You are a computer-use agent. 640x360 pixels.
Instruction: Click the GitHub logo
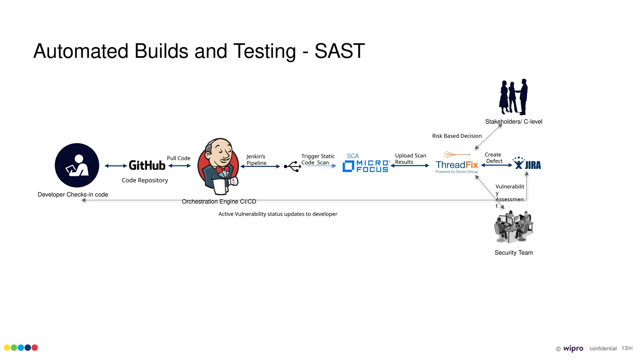click(x=147, y=165)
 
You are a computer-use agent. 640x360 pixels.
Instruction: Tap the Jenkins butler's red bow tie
click(x=222, y=170)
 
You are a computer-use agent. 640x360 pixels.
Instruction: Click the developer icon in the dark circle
click(x=77, y=165)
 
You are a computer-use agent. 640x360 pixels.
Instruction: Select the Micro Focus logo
click(x=366, y=166)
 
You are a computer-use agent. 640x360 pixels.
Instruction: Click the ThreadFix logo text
click(x=457, y=165)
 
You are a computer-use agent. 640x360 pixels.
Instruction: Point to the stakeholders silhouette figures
click(x=513, y=97)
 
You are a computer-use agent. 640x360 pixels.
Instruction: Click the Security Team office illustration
click(x=513, y=227)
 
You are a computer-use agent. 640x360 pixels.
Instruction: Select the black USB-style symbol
click(x=292, y=166)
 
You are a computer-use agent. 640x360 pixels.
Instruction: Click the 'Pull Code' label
click(x=178, y=158)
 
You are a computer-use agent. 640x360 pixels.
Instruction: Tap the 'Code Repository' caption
click(x=145, y=180)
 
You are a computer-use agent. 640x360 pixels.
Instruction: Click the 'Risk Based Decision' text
click(x=457, y=136)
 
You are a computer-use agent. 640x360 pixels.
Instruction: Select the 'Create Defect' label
click(x=493, y=158)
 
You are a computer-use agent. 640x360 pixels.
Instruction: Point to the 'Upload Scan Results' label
click(x=410, y=159)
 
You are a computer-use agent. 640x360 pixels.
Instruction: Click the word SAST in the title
click(x=340, y=51)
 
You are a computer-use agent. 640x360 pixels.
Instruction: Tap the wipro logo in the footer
click(x=573, y=348)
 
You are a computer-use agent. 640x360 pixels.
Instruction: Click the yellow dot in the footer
click(x=7, y=347)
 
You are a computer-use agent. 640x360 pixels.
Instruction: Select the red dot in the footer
click(x=35, y=347)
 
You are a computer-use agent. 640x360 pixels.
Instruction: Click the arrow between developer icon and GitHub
click(x=116, y=166)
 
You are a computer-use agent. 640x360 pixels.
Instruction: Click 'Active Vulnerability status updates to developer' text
click(x=277, y=214)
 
